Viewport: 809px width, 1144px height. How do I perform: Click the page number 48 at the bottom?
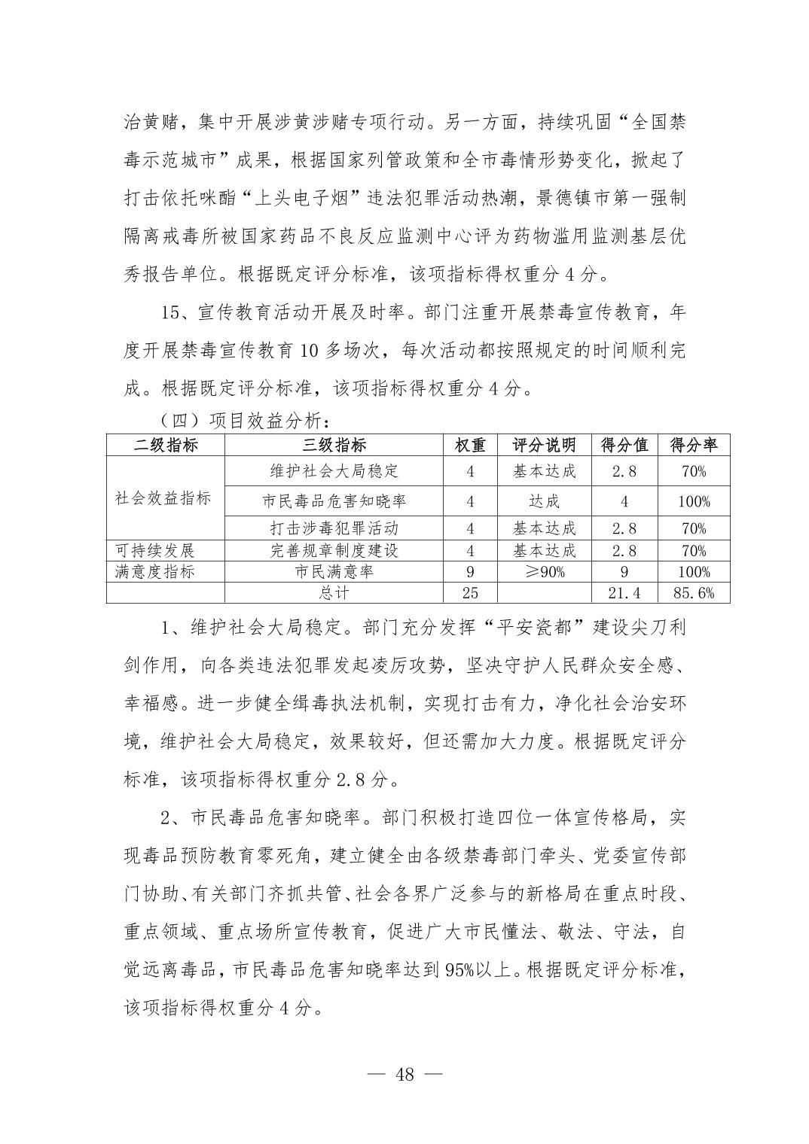[x=404, y=1074]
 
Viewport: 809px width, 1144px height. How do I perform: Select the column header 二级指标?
[x=166, y=445]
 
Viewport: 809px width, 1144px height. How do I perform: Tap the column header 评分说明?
[x=544, y=445]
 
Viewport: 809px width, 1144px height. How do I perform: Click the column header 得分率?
[x=693, y=445]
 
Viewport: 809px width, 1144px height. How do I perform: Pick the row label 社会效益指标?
[x=163, y=498]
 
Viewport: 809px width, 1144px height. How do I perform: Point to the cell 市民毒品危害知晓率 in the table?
[x=334, y=501]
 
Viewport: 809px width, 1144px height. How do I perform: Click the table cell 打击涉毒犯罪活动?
[x=334, y=528]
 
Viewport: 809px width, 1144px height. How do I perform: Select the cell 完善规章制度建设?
[x=334, y=550]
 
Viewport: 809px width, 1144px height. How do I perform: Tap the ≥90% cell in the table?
[x=544, y=572]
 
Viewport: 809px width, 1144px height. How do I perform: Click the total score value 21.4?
[x=624, y=593]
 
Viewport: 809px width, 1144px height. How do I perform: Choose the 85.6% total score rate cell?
[x=693, y=593]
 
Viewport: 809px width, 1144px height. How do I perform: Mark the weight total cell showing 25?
[x=470, y=593]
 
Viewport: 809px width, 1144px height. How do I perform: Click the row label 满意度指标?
[x=155, y=572]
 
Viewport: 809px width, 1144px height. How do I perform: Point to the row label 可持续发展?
[x=155, y=550]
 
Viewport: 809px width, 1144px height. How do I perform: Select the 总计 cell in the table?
[x=334, y=593]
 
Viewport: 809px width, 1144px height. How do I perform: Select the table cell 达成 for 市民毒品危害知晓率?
[x=544, y=501]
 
